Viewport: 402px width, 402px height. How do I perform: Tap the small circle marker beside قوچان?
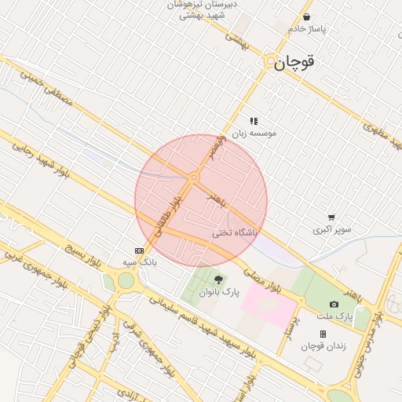[x=270, y=60]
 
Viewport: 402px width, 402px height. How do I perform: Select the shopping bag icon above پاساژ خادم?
[x=306, y=16]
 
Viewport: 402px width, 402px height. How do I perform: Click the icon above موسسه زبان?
[x=254, y=121]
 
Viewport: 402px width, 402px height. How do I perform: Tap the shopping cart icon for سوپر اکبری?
[x=332, y=217]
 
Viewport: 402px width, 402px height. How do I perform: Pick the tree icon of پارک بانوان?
[x=218, y=279]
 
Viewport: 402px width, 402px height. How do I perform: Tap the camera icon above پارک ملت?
[x=334, y=304]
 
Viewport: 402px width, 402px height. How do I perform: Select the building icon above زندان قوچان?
[x=323, y=334]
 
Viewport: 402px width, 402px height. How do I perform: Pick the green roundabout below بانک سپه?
[x=126, y=281]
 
